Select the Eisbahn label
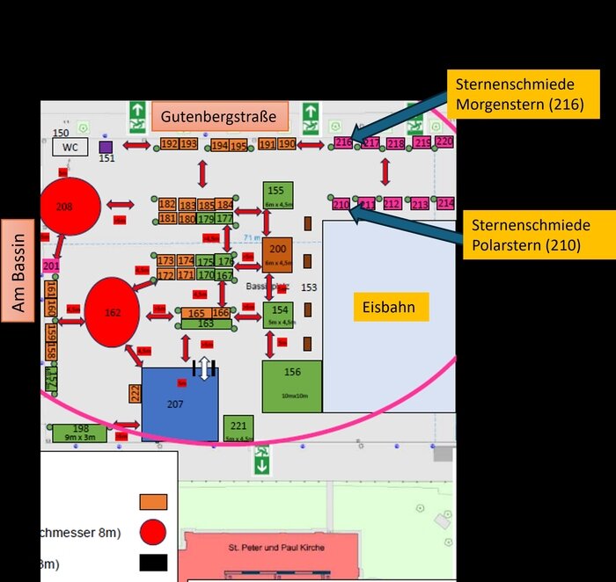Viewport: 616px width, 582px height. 388,308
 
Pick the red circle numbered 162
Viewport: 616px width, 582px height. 112,312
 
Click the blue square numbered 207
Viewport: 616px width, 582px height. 180,404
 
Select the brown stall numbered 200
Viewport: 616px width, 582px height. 277,254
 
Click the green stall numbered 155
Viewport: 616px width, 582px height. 277,196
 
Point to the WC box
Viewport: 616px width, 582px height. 70,147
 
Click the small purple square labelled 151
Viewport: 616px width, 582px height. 106,147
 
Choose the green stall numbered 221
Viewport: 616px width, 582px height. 238,427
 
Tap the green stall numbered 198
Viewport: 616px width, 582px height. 80,433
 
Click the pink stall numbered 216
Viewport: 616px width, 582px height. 343,142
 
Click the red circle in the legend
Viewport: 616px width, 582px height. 153,532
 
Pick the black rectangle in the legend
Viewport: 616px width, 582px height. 153,563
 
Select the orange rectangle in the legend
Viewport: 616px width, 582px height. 153,502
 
